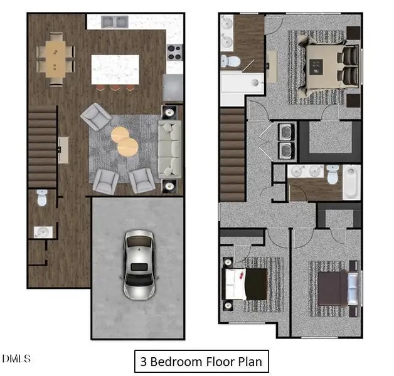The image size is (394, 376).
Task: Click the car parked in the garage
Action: point(140,265)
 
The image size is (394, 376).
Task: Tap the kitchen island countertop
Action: point(115,70)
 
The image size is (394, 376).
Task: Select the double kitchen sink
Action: point(115,22)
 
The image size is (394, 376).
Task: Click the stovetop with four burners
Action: point(174,53)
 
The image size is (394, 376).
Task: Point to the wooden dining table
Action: point(56,60)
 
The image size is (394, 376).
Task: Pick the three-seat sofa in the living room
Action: point(170,149)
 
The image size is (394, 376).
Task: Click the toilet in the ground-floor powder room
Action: point(42,198)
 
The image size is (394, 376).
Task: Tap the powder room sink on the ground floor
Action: point(43,232)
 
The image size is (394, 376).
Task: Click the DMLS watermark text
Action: point(16,358)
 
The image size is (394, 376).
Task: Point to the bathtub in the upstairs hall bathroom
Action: point(351,182)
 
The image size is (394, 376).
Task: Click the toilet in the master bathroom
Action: point(230,61)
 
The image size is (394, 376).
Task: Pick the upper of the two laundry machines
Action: point(286,132)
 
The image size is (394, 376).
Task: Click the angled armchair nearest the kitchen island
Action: point(96,117)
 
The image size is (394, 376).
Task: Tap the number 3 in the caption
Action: point(143,362)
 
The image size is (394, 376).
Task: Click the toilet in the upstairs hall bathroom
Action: point(333,174)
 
